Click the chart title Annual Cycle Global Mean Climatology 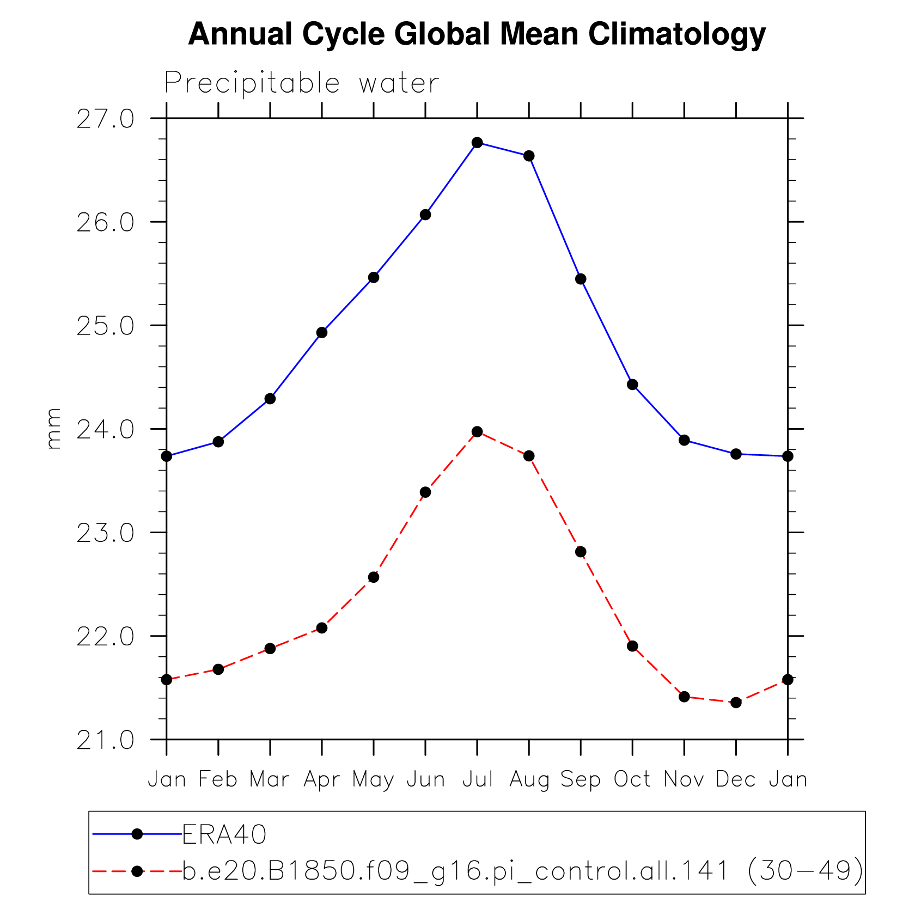pyautogui.click(x=477, y=34)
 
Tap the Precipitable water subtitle pyautogui.click(x=301, y=83)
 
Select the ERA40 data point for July pyautogui.click(x=477, y=143)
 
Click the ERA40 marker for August pyautogui.click(x=529, y=156)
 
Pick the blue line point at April pyautogui.click(x=322, y=333)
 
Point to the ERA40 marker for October pyautogui.click(x=632, y=385)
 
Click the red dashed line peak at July pyautogui.click(x=477, y=432)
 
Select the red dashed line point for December pyautogui.click(x=736, y=703)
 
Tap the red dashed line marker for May pyautogui.click(x=374, y=577)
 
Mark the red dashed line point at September pyautogui.click(x=581, y=552)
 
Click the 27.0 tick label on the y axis pyautogui.click(x=105, y=119)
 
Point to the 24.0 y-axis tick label pyautogui.click(x=105, y=430)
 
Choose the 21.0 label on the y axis pyautogui.click(x=105, y=741)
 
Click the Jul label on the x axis pyautogui.click(x=478, y=779)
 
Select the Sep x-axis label pyautogui.click(x=581, y=780)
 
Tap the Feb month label pyautogui.click(x=218, y=779)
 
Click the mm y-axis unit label pyautogui.click(x=53, y=429)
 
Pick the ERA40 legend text pyautogui.click(x=224, y=834)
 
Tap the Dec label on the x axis pyautogui.click(x=736, y=779)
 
